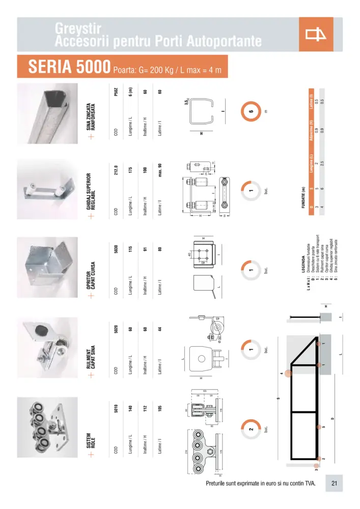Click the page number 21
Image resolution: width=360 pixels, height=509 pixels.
(x=334, y=483)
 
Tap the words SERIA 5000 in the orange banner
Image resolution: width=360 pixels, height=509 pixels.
(x=70, y=67)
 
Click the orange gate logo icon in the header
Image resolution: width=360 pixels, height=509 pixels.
(x=316, y=35)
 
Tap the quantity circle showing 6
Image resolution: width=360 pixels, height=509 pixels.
(x=251, y=112)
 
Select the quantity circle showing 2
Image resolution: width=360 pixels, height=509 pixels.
(x=251, y=430)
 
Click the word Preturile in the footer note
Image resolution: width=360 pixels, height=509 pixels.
(x=219, y=483)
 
